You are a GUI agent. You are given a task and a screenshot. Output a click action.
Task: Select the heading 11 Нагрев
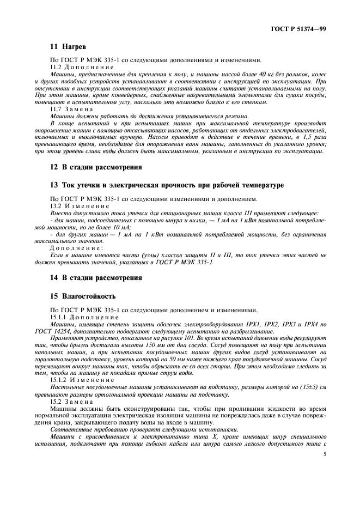64,47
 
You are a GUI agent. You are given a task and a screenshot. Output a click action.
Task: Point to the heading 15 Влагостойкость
82,296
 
